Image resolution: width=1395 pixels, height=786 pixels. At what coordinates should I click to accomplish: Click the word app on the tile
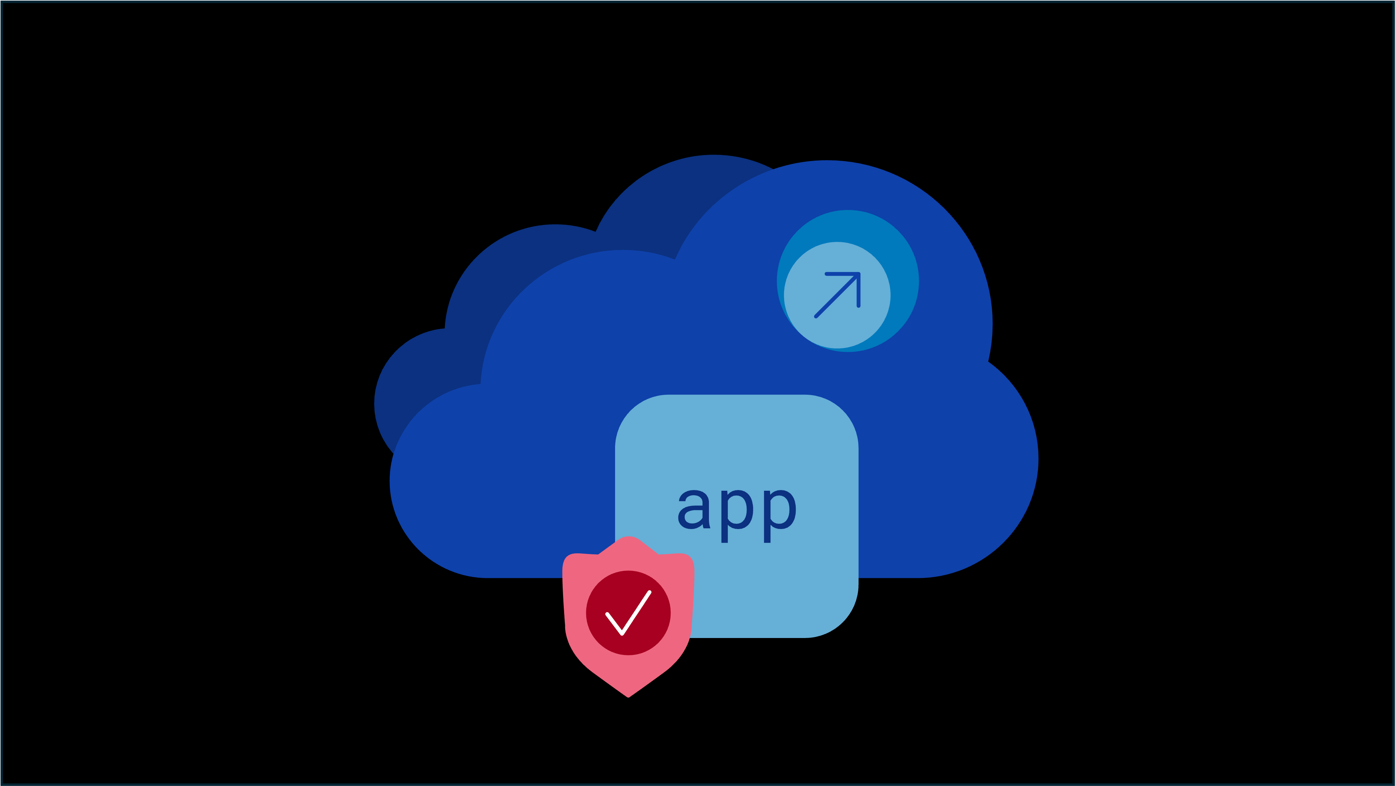pos(737,516)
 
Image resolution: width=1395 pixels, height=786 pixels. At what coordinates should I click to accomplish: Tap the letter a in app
pos(694,510)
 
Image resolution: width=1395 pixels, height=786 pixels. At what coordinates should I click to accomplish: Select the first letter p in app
pos(737,516)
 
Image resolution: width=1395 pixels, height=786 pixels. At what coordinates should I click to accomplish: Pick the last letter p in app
pos(780,516)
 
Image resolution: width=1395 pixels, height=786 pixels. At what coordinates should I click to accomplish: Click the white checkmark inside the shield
pos(628,613)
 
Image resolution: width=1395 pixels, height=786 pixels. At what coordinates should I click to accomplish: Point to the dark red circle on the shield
pos(628,613)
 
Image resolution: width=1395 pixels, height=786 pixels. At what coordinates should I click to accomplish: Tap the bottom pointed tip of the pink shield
pos(628,697)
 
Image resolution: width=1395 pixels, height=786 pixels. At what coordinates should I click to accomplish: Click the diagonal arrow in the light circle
pos(837,295)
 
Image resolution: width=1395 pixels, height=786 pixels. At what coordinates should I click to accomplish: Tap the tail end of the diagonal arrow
pos(815,316)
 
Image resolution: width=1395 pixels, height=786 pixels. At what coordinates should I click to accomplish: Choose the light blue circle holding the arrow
pos(837,295)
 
